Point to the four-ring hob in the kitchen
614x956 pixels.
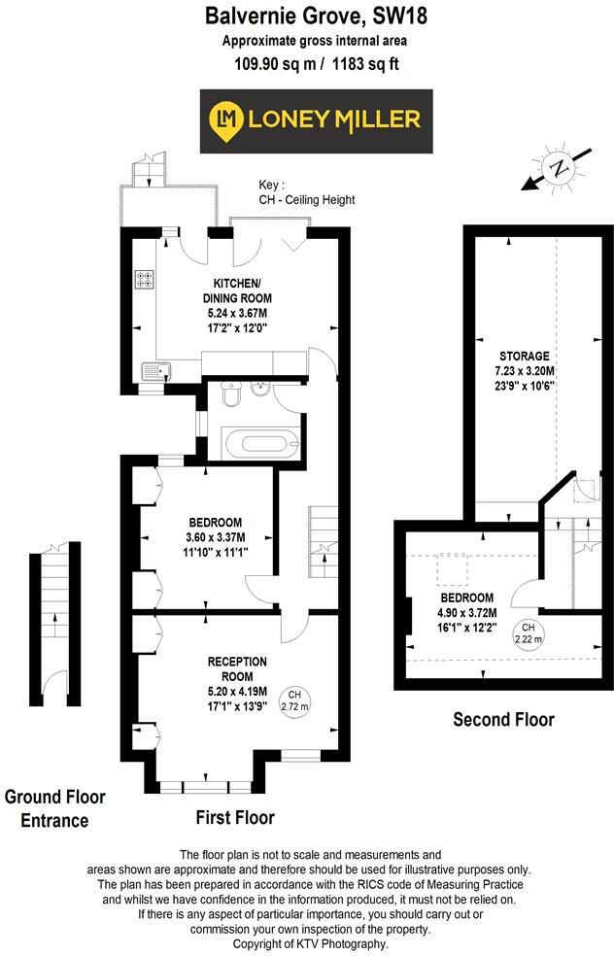click(x=144, y=279)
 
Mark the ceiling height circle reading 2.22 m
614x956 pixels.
click(x=529, y=632)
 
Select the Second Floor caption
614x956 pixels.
click(x=503, y=720)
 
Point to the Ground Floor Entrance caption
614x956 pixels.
click(x=54, y=808)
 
